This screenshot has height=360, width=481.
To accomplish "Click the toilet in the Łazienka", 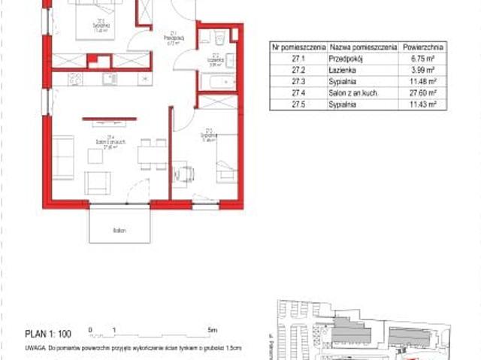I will point(216,37).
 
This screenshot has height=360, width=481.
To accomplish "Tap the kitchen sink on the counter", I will point(75,77).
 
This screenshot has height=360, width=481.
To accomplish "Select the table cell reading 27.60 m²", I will point(421,92).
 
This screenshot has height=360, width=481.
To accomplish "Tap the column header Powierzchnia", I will point(421,46).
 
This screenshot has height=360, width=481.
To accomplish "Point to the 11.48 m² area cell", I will point(421,81).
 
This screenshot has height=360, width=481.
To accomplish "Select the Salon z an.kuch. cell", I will point(351,92).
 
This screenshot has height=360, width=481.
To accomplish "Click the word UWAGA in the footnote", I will point(33,349).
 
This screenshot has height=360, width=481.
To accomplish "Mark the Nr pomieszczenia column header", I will point(295,46).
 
